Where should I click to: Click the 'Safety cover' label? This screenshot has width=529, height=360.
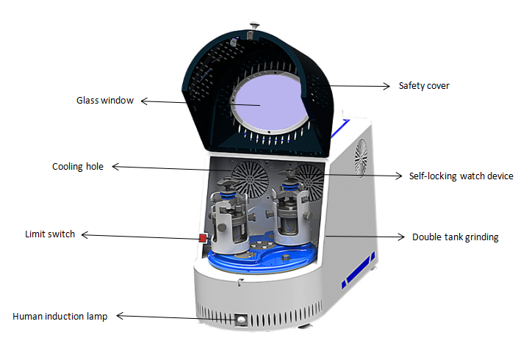[x=423, y=86]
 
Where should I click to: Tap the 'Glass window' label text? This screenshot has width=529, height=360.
[x=105, y=101]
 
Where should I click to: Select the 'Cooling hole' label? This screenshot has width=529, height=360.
[x=77, y=167]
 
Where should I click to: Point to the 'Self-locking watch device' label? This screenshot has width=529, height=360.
[x=461, y=176]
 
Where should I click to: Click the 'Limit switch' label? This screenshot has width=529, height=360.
[x=50, y=234]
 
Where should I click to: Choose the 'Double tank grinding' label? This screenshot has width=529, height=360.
[x=455, y=237]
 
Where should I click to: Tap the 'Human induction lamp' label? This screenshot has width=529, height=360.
[x=60, y=317]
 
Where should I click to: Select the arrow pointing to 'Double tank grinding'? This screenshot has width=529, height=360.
[x=364, y=237]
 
